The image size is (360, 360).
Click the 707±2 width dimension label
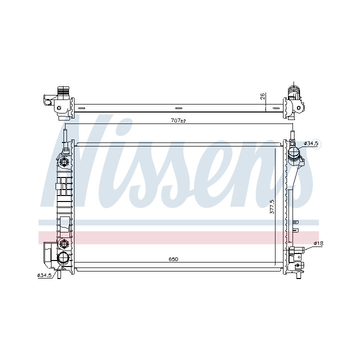click(x=178, y=120)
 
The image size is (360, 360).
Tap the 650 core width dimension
click(x=173, y=259)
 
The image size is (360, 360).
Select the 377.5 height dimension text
click(x=272, y=206)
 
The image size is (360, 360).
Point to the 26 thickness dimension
click(x=263, y=96)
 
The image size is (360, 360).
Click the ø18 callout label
click(x=318, y=243)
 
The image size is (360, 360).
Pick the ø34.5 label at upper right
click(x=311, y=143)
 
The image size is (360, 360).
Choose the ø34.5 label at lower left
click(x=44, y=275)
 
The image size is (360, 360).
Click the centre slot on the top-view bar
click(x=179, y=108)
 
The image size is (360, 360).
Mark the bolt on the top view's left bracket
click(x=59, y=108)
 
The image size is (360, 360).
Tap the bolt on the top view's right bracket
click(x=298, y=107)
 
